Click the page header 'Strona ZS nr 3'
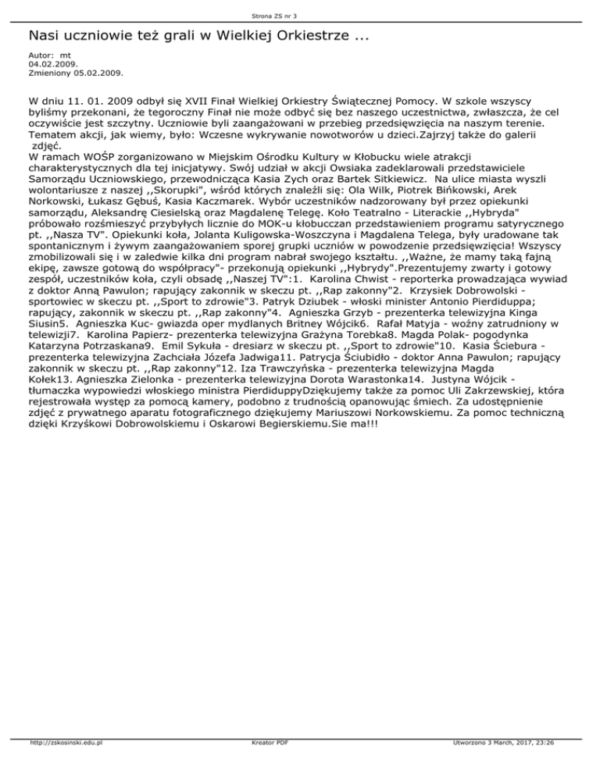pos(299,15)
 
